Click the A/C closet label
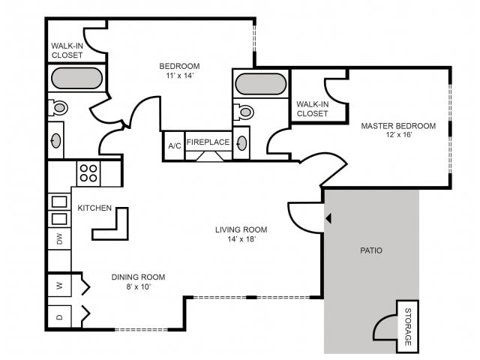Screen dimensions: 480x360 click(x=175, y=145)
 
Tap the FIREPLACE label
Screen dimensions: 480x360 click(x=208, y=142)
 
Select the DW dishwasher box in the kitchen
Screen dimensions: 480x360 click(x=59, y=238)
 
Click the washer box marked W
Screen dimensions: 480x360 click(x=59, y=286)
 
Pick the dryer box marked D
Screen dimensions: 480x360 click(x=59, y=316)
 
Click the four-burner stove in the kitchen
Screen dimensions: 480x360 click(x=88, y=173)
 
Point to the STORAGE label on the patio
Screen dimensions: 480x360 click(x=408, y=327)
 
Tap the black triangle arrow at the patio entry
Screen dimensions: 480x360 click(x=328, y=218)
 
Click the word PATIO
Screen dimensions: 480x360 click(x=371, y=250)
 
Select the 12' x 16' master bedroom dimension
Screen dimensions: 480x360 click(x=398, y=135)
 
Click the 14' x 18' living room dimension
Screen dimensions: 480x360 click(x=241, y=238)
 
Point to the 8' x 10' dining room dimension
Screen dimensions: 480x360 click(x=138, y=286)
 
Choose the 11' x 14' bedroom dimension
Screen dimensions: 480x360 click(x=179, y=75)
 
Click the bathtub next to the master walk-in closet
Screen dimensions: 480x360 click(x=260, y=84)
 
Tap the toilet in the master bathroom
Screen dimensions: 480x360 click(x=244, y=112)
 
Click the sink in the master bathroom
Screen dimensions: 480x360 click(x=241, y=143)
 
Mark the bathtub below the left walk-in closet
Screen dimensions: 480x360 click(x=76, y=78)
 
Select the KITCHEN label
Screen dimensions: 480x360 click(x=94, y=208)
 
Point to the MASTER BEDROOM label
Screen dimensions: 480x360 click(x=398, y=126)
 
